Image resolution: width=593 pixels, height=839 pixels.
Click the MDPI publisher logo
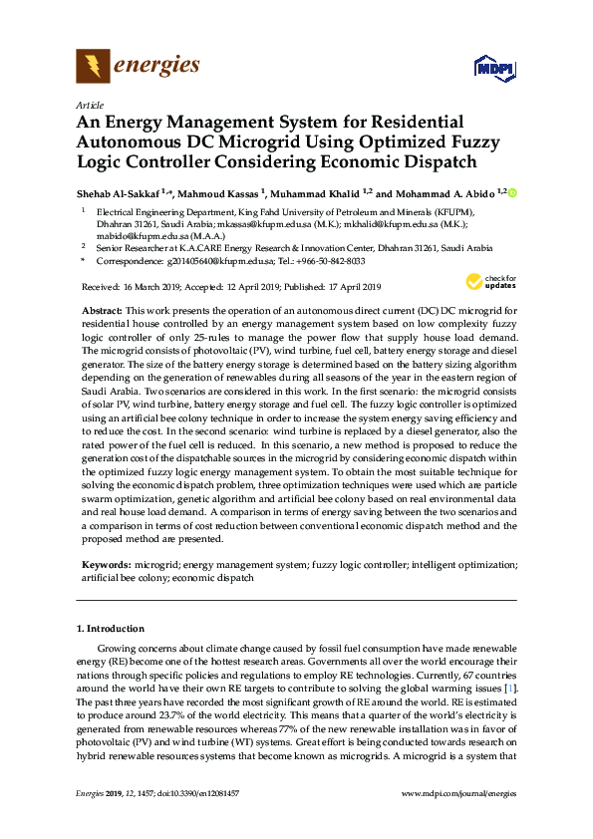pyautogui.click(x=493, y=70)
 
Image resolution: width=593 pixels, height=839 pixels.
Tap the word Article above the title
pyautogui.click(x=89, y=104)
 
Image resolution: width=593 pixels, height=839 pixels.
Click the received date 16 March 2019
pyautogui.click(x=152, y=287)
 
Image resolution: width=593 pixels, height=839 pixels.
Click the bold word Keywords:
pyautogui.click(x=107, y=564)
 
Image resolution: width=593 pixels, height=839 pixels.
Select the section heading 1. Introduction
pyautogui.click(x=111, y=629)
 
